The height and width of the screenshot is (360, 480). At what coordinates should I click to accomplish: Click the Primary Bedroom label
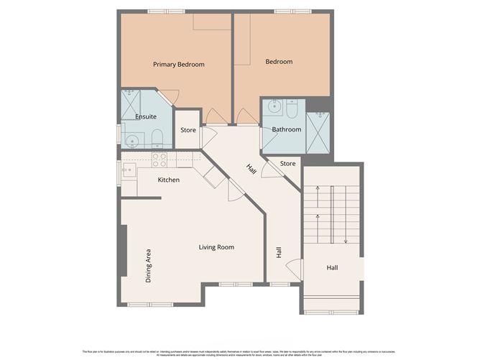point(178,65)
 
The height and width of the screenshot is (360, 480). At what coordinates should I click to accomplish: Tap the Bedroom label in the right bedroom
point(279,62)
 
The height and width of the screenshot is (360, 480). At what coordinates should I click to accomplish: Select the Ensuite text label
point(146,116)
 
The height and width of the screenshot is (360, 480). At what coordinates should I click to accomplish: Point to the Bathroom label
point(286,129)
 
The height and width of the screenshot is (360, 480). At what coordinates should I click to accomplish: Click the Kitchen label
point(168,180)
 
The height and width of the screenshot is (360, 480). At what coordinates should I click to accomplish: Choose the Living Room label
point(216,248)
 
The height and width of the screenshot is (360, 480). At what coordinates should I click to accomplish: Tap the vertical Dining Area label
point(149,265)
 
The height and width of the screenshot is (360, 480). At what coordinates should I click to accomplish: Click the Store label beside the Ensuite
point(188,131)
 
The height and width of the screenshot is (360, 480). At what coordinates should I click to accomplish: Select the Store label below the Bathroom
point(287,164)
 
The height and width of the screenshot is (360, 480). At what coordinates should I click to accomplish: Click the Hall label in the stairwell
point(332,268)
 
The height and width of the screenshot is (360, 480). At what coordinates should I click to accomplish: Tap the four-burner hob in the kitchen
point(160,160)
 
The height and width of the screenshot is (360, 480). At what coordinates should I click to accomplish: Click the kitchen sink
point(129,171)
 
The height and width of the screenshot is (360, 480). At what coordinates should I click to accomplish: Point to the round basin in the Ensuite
point(131,140)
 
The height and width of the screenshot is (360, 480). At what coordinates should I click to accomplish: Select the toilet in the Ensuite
point(158,138)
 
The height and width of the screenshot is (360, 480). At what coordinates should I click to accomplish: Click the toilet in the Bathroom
point(292,109)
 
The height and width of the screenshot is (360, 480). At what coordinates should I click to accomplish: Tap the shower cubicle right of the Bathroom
point(318,132)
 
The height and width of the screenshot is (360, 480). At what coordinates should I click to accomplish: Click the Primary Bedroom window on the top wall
point(166,11)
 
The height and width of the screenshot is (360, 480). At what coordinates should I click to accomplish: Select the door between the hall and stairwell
point(295,269)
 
